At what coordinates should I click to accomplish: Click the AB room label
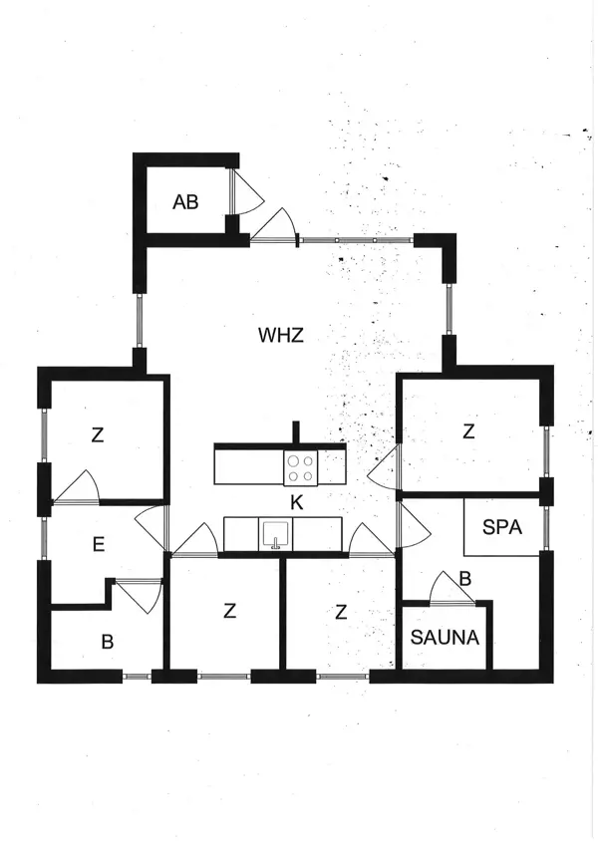pos(185,202)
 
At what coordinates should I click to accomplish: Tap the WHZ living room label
pos(280,335)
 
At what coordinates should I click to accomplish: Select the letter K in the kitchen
pos(296,503)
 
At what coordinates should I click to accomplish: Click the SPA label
pos(502,527)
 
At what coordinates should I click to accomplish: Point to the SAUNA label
pos(445,638)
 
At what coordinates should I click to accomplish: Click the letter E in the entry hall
pos(99,544)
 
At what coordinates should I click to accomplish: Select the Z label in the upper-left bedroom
pos(98,434)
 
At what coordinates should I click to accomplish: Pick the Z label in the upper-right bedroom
pos(468,430)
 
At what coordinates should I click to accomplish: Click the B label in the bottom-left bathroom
pos(107,642)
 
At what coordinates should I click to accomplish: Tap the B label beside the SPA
pos(464,576)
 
